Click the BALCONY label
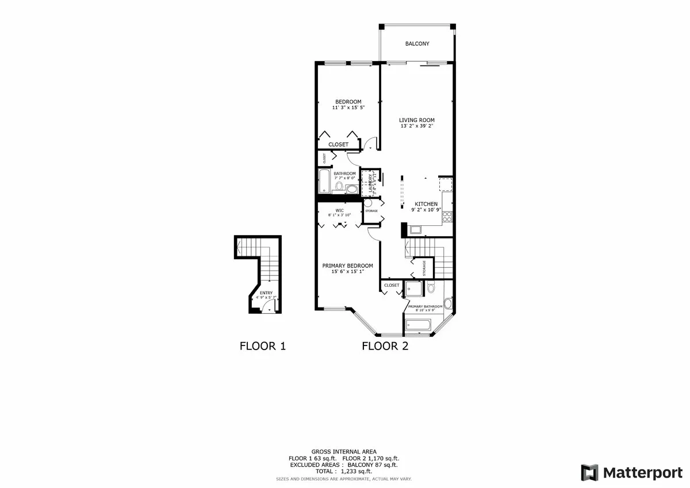[417, 44]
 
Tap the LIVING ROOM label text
[417, 120]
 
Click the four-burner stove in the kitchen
[447, 217]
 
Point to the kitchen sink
[416, 230]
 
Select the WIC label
[339, 210]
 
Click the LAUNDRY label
[363, 182]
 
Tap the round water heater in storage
[368, 203]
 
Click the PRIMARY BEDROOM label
[347, 266]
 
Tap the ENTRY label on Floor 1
[266, 293]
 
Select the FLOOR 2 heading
[385, 346]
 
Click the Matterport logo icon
[590, 472]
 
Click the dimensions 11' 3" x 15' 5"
[348, 107]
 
